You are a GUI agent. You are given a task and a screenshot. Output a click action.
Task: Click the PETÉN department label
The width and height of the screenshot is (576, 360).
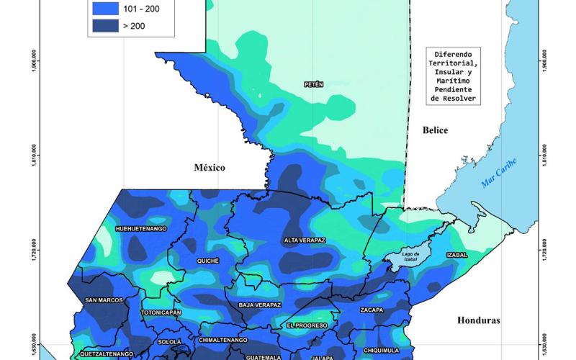[314, 84]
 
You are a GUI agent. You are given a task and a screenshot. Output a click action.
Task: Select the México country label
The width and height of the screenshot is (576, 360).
[210, 167]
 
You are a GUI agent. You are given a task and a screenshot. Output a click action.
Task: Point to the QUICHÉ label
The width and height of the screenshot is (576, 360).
[207, 261]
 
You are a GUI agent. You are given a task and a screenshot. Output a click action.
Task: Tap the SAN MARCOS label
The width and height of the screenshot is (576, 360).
[104, 300]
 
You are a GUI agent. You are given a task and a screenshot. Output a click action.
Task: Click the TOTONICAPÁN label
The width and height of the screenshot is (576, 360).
[160, 313]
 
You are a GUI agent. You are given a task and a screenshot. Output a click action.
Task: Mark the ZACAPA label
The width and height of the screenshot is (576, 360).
[372, 310]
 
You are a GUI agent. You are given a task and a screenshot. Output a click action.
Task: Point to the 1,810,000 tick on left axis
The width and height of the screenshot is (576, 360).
[32, 158]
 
